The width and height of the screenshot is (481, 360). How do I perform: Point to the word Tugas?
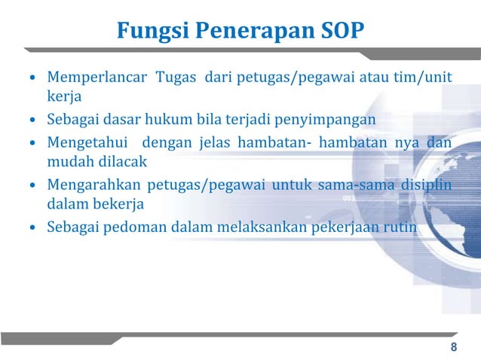click(176, 78)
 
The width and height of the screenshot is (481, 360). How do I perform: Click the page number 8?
click(453, 347)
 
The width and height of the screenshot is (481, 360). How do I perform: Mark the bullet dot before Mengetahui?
click(32, 142)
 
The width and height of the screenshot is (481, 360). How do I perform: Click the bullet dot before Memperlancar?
click(32, 79)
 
